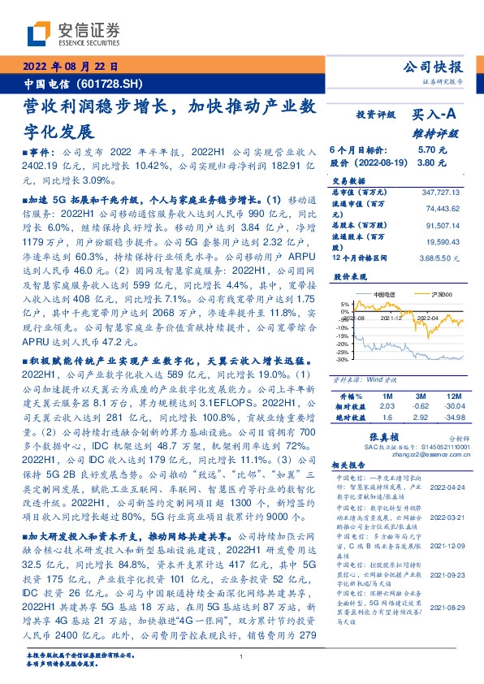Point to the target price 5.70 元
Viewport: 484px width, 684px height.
click(428, 150)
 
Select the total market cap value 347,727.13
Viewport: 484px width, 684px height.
click(440, 191)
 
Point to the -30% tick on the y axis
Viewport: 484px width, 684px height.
click(343, 359)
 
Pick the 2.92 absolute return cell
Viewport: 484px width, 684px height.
click(420, 417)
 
